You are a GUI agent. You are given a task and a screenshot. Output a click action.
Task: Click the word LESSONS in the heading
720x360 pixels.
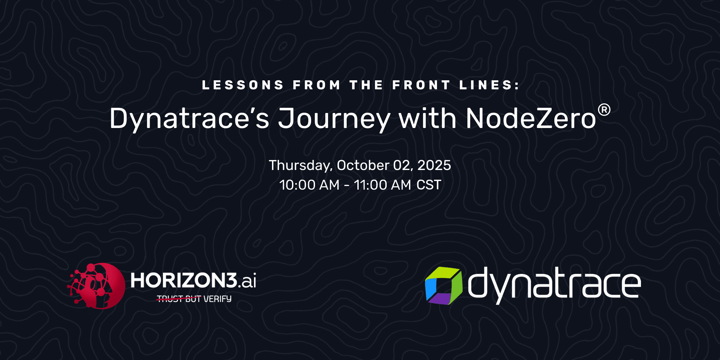pos(243,85)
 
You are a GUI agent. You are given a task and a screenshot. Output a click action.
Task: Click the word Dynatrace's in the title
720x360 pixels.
pos(189,119)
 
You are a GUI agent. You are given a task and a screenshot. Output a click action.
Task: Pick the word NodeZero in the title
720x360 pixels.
pos(531,118)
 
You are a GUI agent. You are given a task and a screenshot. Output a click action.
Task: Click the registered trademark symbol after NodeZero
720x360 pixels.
pos(604,110)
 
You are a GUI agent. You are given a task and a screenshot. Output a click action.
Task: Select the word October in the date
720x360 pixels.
pos(363,165)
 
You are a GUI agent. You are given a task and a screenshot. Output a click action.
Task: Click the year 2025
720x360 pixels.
pos(434,165)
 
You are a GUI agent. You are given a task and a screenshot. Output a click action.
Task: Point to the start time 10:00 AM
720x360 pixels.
pos(309,185)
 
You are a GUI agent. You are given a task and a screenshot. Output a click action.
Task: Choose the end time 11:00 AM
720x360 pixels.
pos(382,185)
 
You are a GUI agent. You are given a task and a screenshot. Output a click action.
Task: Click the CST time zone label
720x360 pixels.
pos(429,185)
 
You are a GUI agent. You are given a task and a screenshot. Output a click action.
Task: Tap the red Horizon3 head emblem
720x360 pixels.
pos(97,286)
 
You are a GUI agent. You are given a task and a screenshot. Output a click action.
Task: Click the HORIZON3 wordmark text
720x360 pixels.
pos(184,280)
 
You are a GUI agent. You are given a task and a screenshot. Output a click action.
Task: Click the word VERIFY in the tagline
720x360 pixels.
pos(217,299)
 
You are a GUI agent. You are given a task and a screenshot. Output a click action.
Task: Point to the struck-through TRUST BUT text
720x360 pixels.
pos(179,299)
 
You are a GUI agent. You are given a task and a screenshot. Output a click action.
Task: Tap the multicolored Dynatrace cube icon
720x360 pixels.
pos(444,286)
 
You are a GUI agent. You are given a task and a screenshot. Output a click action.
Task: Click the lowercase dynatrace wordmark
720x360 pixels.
pos(554,285)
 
